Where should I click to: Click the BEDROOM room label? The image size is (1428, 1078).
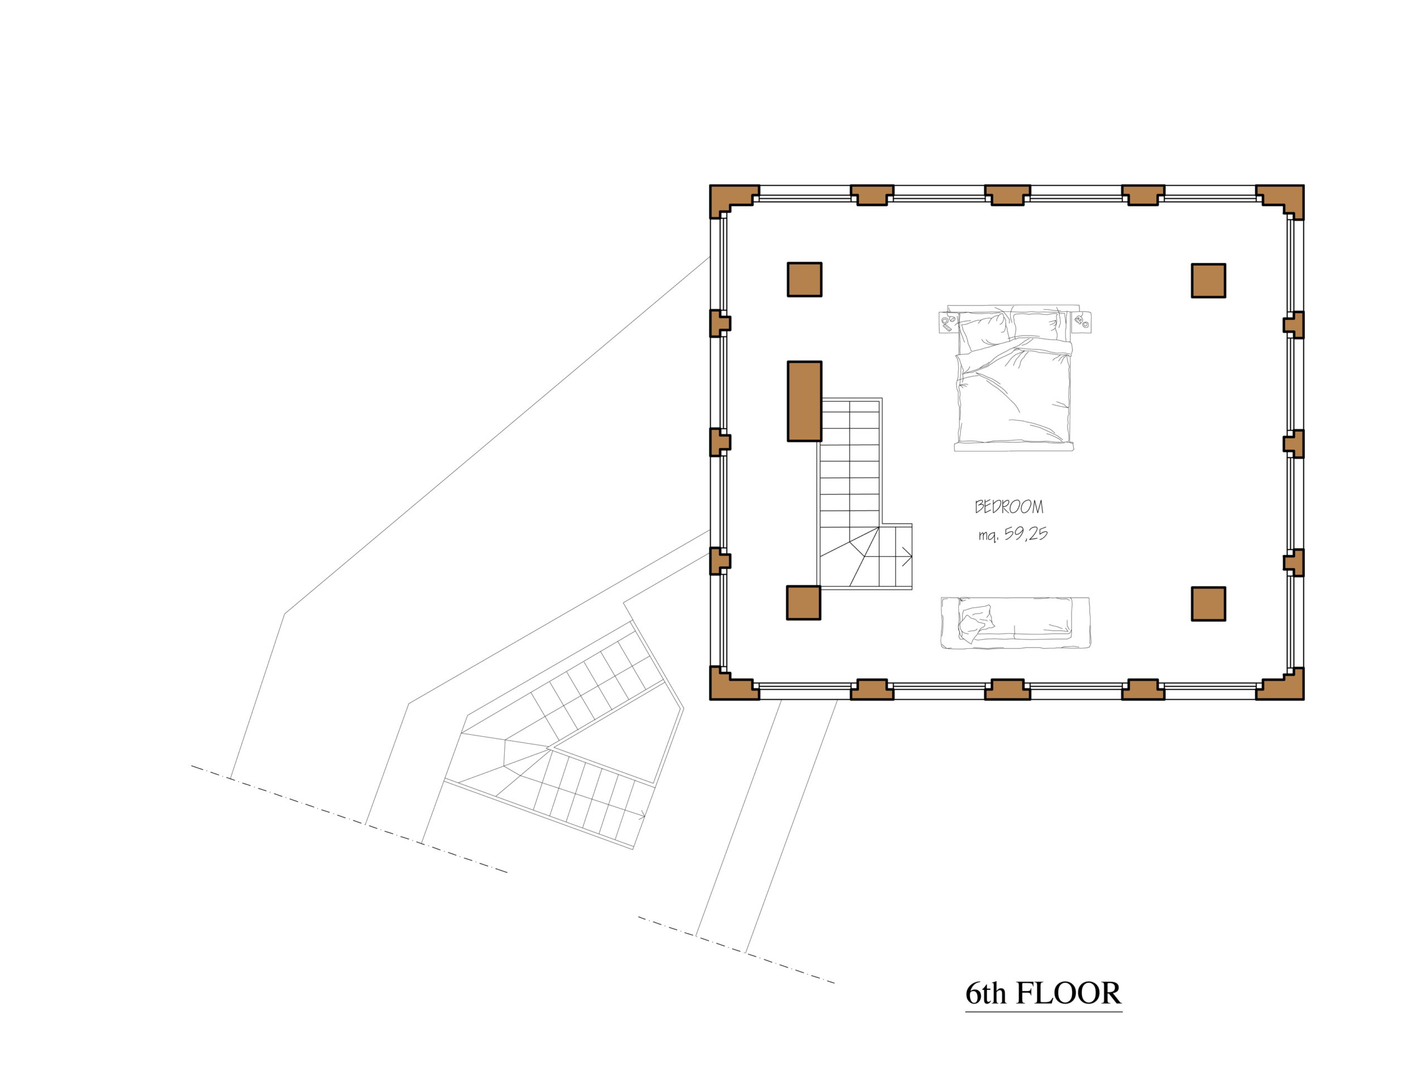point(1009,507)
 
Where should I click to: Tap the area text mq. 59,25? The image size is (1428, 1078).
point(1013,534)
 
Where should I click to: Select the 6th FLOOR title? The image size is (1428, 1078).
point(1043,993)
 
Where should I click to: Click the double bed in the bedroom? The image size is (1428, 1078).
point(1014,378)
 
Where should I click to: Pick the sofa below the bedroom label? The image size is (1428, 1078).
point(1015,622)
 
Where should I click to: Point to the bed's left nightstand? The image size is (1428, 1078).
point(948,321)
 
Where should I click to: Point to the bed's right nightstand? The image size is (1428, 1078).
point(1080,321)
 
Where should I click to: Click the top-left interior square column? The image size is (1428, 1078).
point(804,280)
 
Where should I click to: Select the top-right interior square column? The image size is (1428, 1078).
point(1209,280)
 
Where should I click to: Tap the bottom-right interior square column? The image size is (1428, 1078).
point(1209,604)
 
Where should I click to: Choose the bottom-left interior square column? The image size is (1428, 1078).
point(804,603)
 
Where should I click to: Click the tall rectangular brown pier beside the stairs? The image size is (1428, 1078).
point(804,401)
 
